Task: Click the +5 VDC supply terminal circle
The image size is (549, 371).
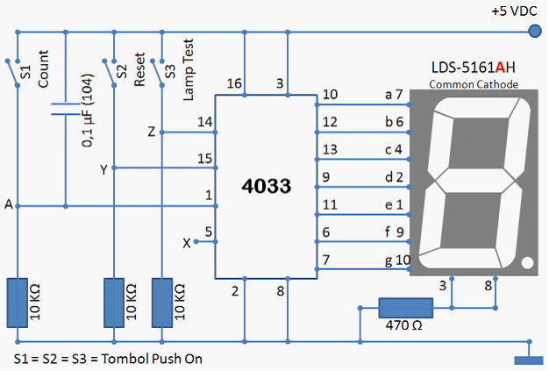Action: pyautogui.click(x=534, y=31)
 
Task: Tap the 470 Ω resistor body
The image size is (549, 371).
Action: pyautogui.click(x=406, y=308)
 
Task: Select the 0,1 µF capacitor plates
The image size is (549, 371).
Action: pyautogui.click(x=66, y=109)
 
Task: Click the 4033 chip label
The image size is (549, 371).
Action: pyautogui.click(x=266, y=186)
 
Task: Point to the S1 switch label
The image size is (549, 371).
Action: pyautogui.click(x=26, y=72)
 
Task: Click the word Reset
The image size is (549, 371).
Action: pyautogui.click(x=139, y=69)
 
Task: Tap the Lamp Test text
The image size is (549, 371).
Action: pyautogui.click(x=188, y=69)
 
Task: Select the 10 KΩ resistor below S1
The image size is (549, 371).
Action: pyautogui.click(x=18, y=303)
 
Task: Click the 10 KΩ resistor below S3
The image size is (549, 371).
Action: pyautogui.click(x=162, y=303)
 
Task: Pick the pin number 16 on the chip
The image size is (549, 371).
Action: pyautogui.click(x=234, y=83)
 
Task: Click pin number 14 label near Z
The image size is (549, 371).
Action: pyautogui.click(x=205, y=122)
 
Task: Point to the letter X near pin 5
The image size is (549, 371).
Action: pyautogui.click(x=187, y=243)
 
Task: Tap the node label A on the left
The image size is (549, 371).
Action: pyautogui.click(x=9, y=204)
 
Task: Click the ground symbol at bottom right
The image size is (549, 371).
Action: pyautogui.click(x=529, y=360)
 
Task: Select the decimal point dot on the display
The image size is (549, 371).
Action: pyautogui.click(x=527, y=263)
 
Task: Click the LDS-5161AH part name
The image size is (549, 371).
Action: pyautogui.click(x=473, y=68)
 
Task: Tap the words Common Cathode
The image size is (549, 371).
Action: pyautogui.click(x=474, y=84)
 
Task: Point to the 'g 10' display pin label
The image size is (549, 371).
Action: pyautogui.click(x=397, y=260)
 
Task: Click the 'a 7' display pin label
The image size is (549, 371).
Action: pyautogui.click(x=394, y=95)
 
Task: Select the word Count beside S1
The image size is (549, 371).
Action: pyautogui.click(x=43, y=68)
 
